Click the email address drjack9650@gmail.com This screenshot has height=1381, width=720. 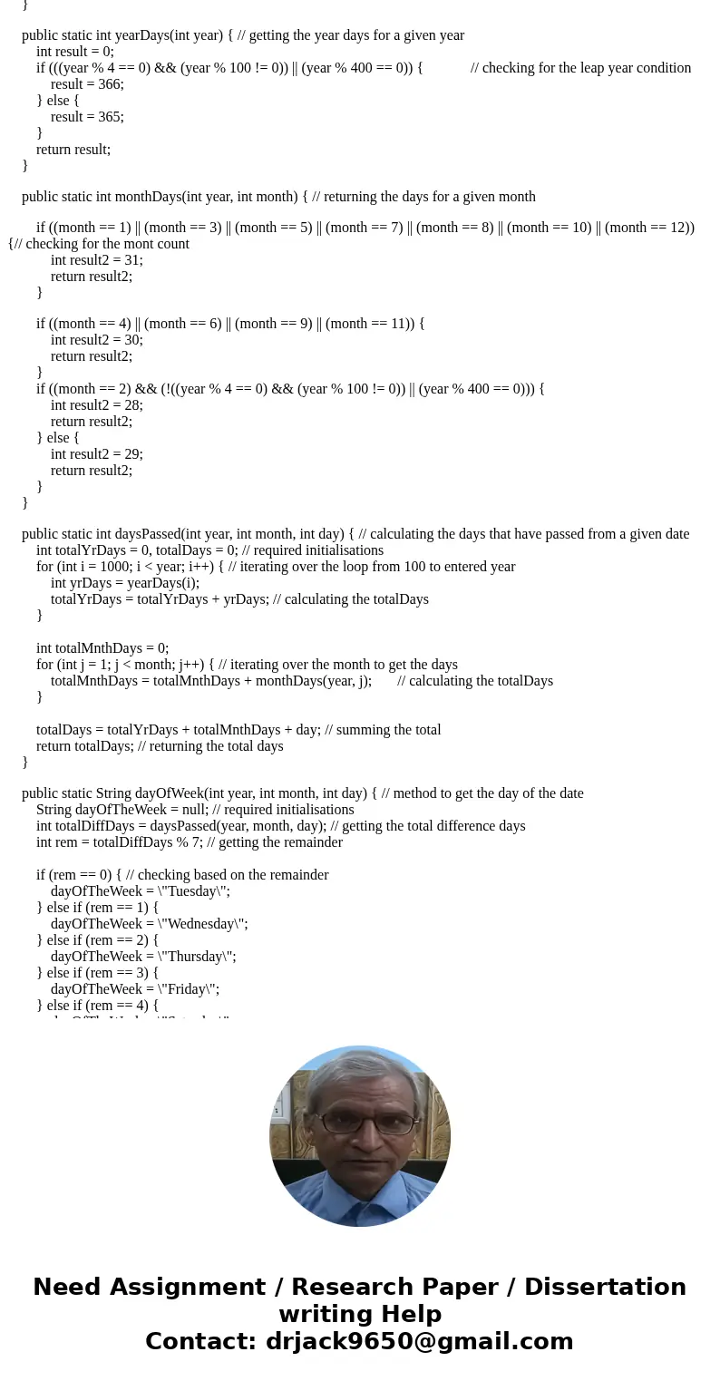coord(419,1341)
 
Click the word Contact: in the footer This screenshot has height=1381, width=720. coord(201,1341)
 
